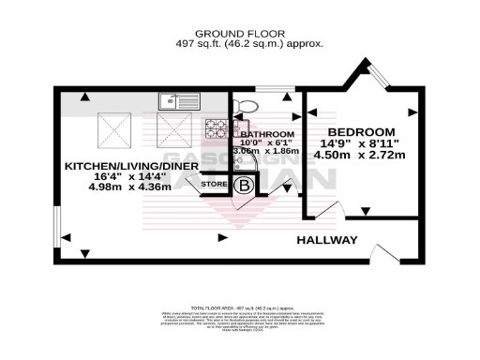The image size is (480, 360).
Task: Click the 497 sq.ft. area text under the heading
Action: click(x=240, y=43)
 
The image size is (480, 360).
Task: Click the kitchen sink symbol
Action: click(x=173, y=99)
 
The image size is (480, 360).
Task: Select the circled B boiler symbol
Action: click(x=245, y=186)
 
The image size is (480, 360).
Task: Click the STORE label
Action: click(x=216, y=186)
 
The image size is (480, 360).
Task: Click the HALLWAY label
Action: click(x=327, y=240)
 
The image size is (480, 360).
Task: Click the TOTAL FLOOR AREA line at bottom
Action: click(x=240, y=308)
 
